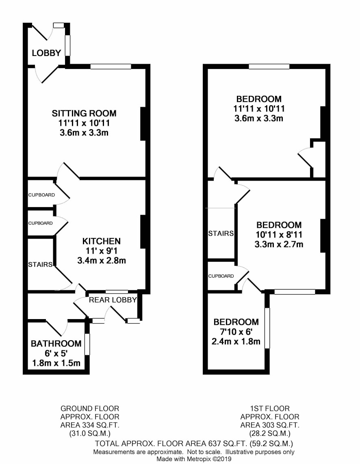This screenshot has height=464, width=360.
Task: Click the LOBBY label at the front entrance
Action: [x=46, y=53]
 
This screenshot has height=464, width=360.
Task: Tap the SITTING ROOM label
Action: [x=84, y=113]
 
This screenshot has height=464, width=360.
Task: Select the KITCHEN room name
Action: [x=101, y=241]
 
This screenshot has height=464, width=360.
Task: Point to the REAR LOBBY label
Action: [x=113, y=300]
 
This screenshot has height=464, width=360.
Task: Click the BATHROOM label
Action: [x=56, y=343]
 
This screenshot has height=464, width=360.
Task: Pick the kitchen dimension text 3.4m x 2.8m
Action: [x=101, y=260]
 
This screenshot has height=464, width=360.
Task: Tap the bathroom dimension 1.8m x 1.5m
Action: [x=56, y=363]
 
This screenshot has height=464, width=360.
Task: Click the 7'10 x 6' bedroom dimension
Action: [x=236, y=332]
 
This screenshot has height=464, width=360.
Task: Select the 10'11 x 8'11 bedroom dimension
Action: [x=279, y=235]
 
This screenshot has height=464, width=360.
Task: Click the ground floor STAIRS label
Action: [x=40, y=264]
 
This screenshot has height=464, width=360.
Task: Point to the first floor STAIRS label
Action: [x=221, y=233]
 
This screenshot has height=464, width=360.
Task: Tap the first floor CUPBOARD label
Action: [x=221, y=276]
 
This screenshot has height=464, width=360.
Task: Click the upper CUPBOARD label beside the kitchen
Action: [x=41, y=195]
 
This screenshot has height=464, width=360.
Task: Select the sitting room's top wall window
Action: [x=111, y=67]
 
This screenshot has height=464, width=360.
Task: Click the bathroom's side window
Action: [x=87, y=344]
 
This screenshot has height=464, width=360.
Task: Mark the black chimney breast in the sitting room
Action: [x=143, y=123]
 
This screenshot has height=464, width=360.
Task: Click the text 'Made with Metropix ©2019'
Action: [x=194, y=459]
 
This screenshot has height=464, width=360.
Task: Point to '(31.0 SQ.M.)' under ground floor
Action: [x=90, y=434]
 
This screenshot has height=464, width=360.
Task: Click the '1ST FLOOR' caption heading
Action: [x=270, y=409]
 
